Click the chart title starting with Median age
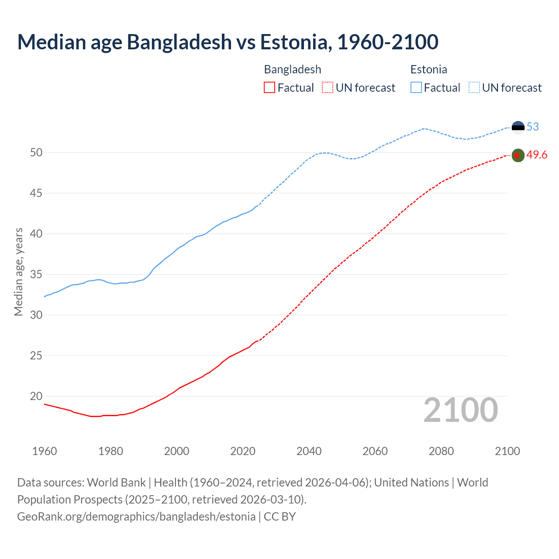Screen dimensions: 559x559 [x=228, y=42]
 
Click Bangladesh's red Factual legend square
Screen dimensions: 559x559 [x=269, y=88]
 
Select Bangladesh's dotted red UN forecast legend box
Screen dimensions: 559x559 [x=328, y=88]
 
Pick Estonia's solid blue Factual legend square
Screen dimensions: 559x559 [x=416, y=88]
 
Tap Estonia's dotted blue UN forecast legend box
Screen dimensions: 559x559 [x=474, y=88]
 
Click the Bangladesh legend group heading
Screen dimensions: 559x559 [x=293, y=69]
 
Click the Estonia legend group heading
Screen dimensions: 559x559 [x=428, y=69]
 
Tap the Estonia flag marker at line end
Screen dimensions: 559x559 [x=518, y=127]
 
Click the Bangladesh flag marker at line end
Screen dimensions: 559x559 [x=518, y=155]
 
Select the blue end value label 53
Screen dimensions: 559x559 [x=532, y=127]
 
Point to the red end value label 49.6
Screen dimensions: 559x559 [x=537, y=155]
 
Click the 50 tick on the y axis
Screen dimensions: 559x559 [x=36, y=152]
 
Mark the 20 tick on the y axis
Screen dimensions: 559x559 [x=36, y=396]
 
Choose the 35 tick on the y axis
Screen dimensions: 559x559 [x=36, y=274]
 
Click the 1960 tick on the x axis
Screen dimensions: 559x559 [x=45, y=451]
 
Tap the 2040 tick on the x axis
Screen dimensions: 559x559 [x=309, y=451]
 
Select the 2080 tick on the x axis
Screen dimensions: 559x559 [x=441, y=451]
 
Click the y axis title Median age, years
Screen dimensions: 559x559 [x=18, y=272]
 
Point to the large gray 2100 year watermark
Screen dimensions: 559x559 [x=460, y=410]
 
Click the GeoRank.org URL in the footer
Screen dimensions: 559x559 [x=136, y=517]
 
